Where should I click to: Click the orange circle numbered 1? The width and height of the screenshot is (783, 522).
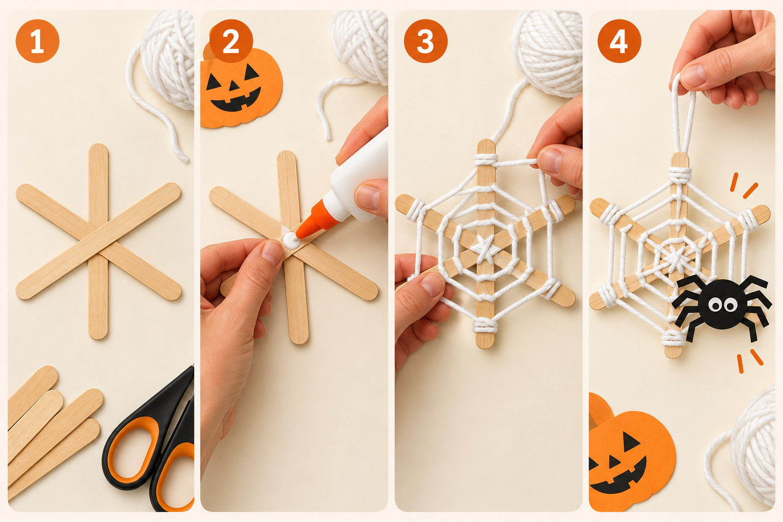click(37, 41)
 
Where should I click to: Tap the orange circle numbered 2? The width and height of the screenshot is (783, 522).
click(231, 41)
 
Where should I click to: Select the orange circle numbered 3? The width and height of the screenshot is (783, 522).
click(426, 41)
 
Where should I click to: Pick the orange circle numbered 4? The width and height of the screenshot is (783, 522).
click(619, 41)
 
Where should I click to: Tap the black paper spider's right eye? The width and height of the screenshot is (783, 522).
click(730, 305)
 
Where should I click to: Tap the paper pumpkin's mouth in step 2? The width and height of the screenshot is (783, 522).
click(236, 101)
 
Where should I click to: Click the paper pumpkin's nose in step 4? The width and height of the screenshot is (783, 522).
click(614, 462)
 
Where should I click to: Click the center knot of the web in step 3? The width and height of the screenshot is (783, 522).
click(485, 249)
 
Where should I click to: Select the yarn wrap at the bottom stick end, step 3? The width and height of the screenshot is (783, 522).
click(485, 325)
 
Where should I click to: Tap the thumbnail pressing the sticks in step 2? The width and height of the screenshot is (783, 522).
click(272, 252)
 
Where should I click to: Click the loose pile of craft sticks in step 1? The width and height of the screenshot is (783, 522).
click(53, 430)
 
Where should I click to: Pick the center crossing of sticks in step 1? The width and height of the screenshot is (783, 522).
click(98, 241)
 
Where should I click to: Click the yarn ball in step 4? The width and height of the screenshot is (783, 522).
click(751, 451)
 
